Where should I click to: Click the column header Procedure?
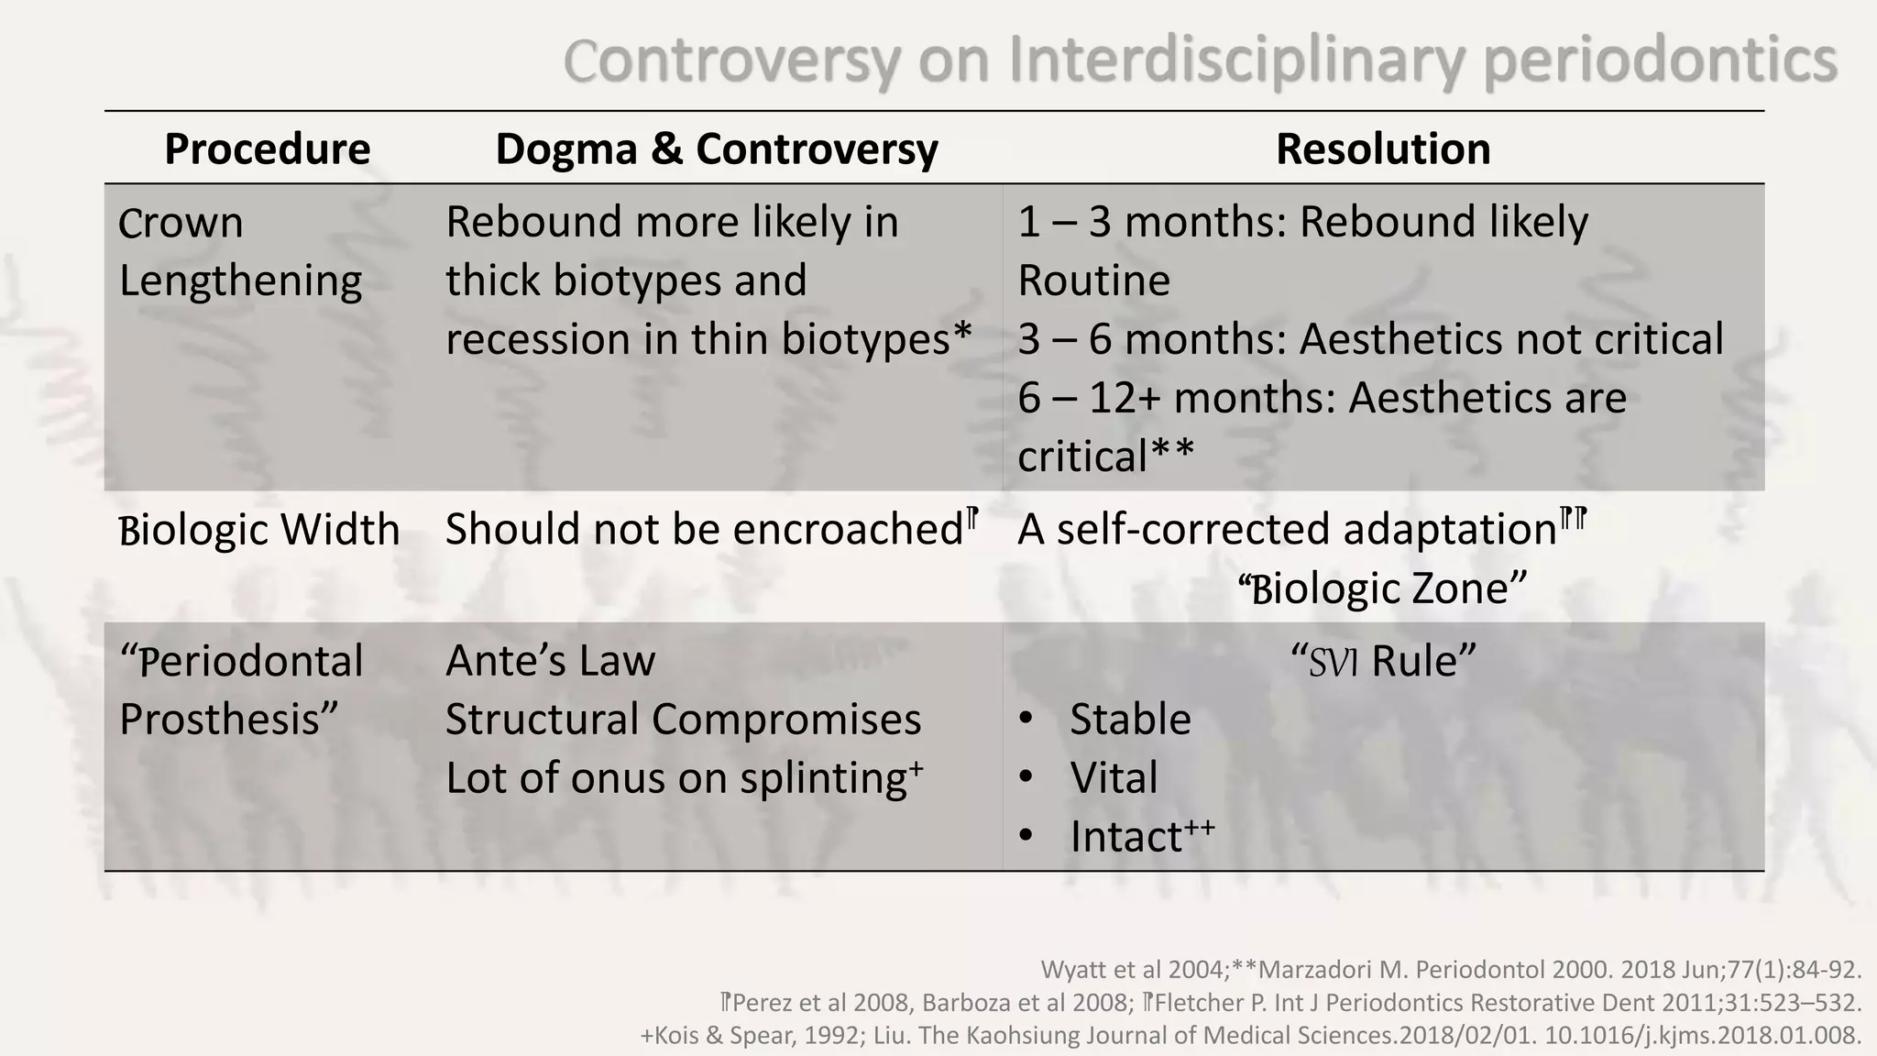(267, 148)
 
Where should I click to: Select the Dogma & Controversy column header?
(717, 148)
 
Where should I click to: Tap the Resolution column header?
(1383, 148)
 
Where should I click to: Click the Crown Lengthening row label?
(240, 251)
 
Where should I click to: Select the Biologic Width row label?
(259, 530)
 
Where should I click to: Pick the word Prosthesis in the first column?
(220, 720)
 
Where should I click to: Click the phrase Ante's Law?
(550, 661)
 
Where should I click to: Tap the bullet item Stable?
(1130, 720)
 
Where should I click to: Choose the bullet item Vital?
(1114, 778)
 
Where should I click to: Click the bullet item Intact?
(1126, 837)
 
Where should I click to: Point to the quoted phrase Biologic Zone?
(1382, 588)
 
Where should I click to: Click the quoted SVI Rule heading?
(1383, 661)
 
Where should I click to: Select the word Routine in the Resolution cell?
(1094, 280)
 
